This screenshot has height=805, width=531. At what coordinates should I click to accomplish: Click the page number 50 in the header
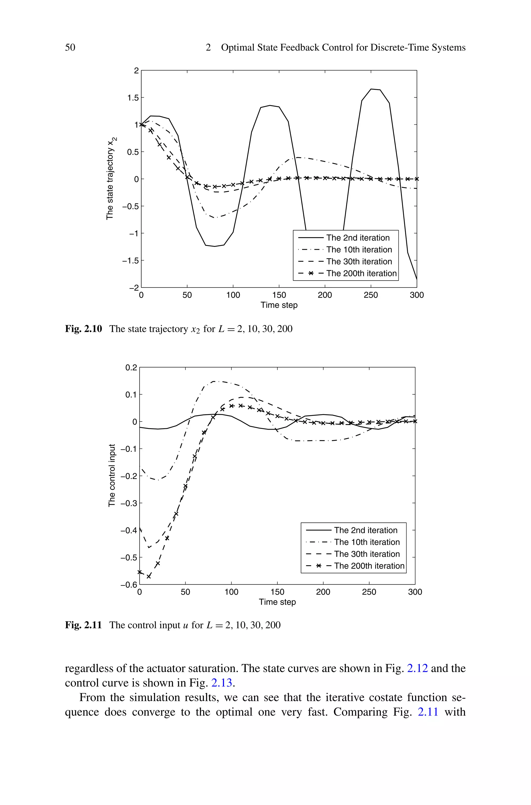click(70, 47)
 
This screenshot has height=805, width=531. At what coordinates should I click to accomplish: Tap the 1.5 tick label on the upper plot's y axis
click(133, 98)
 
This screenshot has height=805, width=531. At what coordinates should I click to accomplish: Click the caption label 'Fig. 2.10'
click(83, 329)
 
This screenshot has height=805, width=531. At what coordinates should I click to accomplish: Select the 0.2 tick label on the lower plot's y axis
click(131, 368)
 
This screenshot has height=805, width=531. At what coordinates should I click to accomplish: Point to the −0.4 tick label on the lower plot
click(129, 530)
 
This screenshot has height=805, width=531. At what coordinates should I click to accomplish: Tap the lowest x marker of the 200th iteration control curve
click(149, 576)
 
